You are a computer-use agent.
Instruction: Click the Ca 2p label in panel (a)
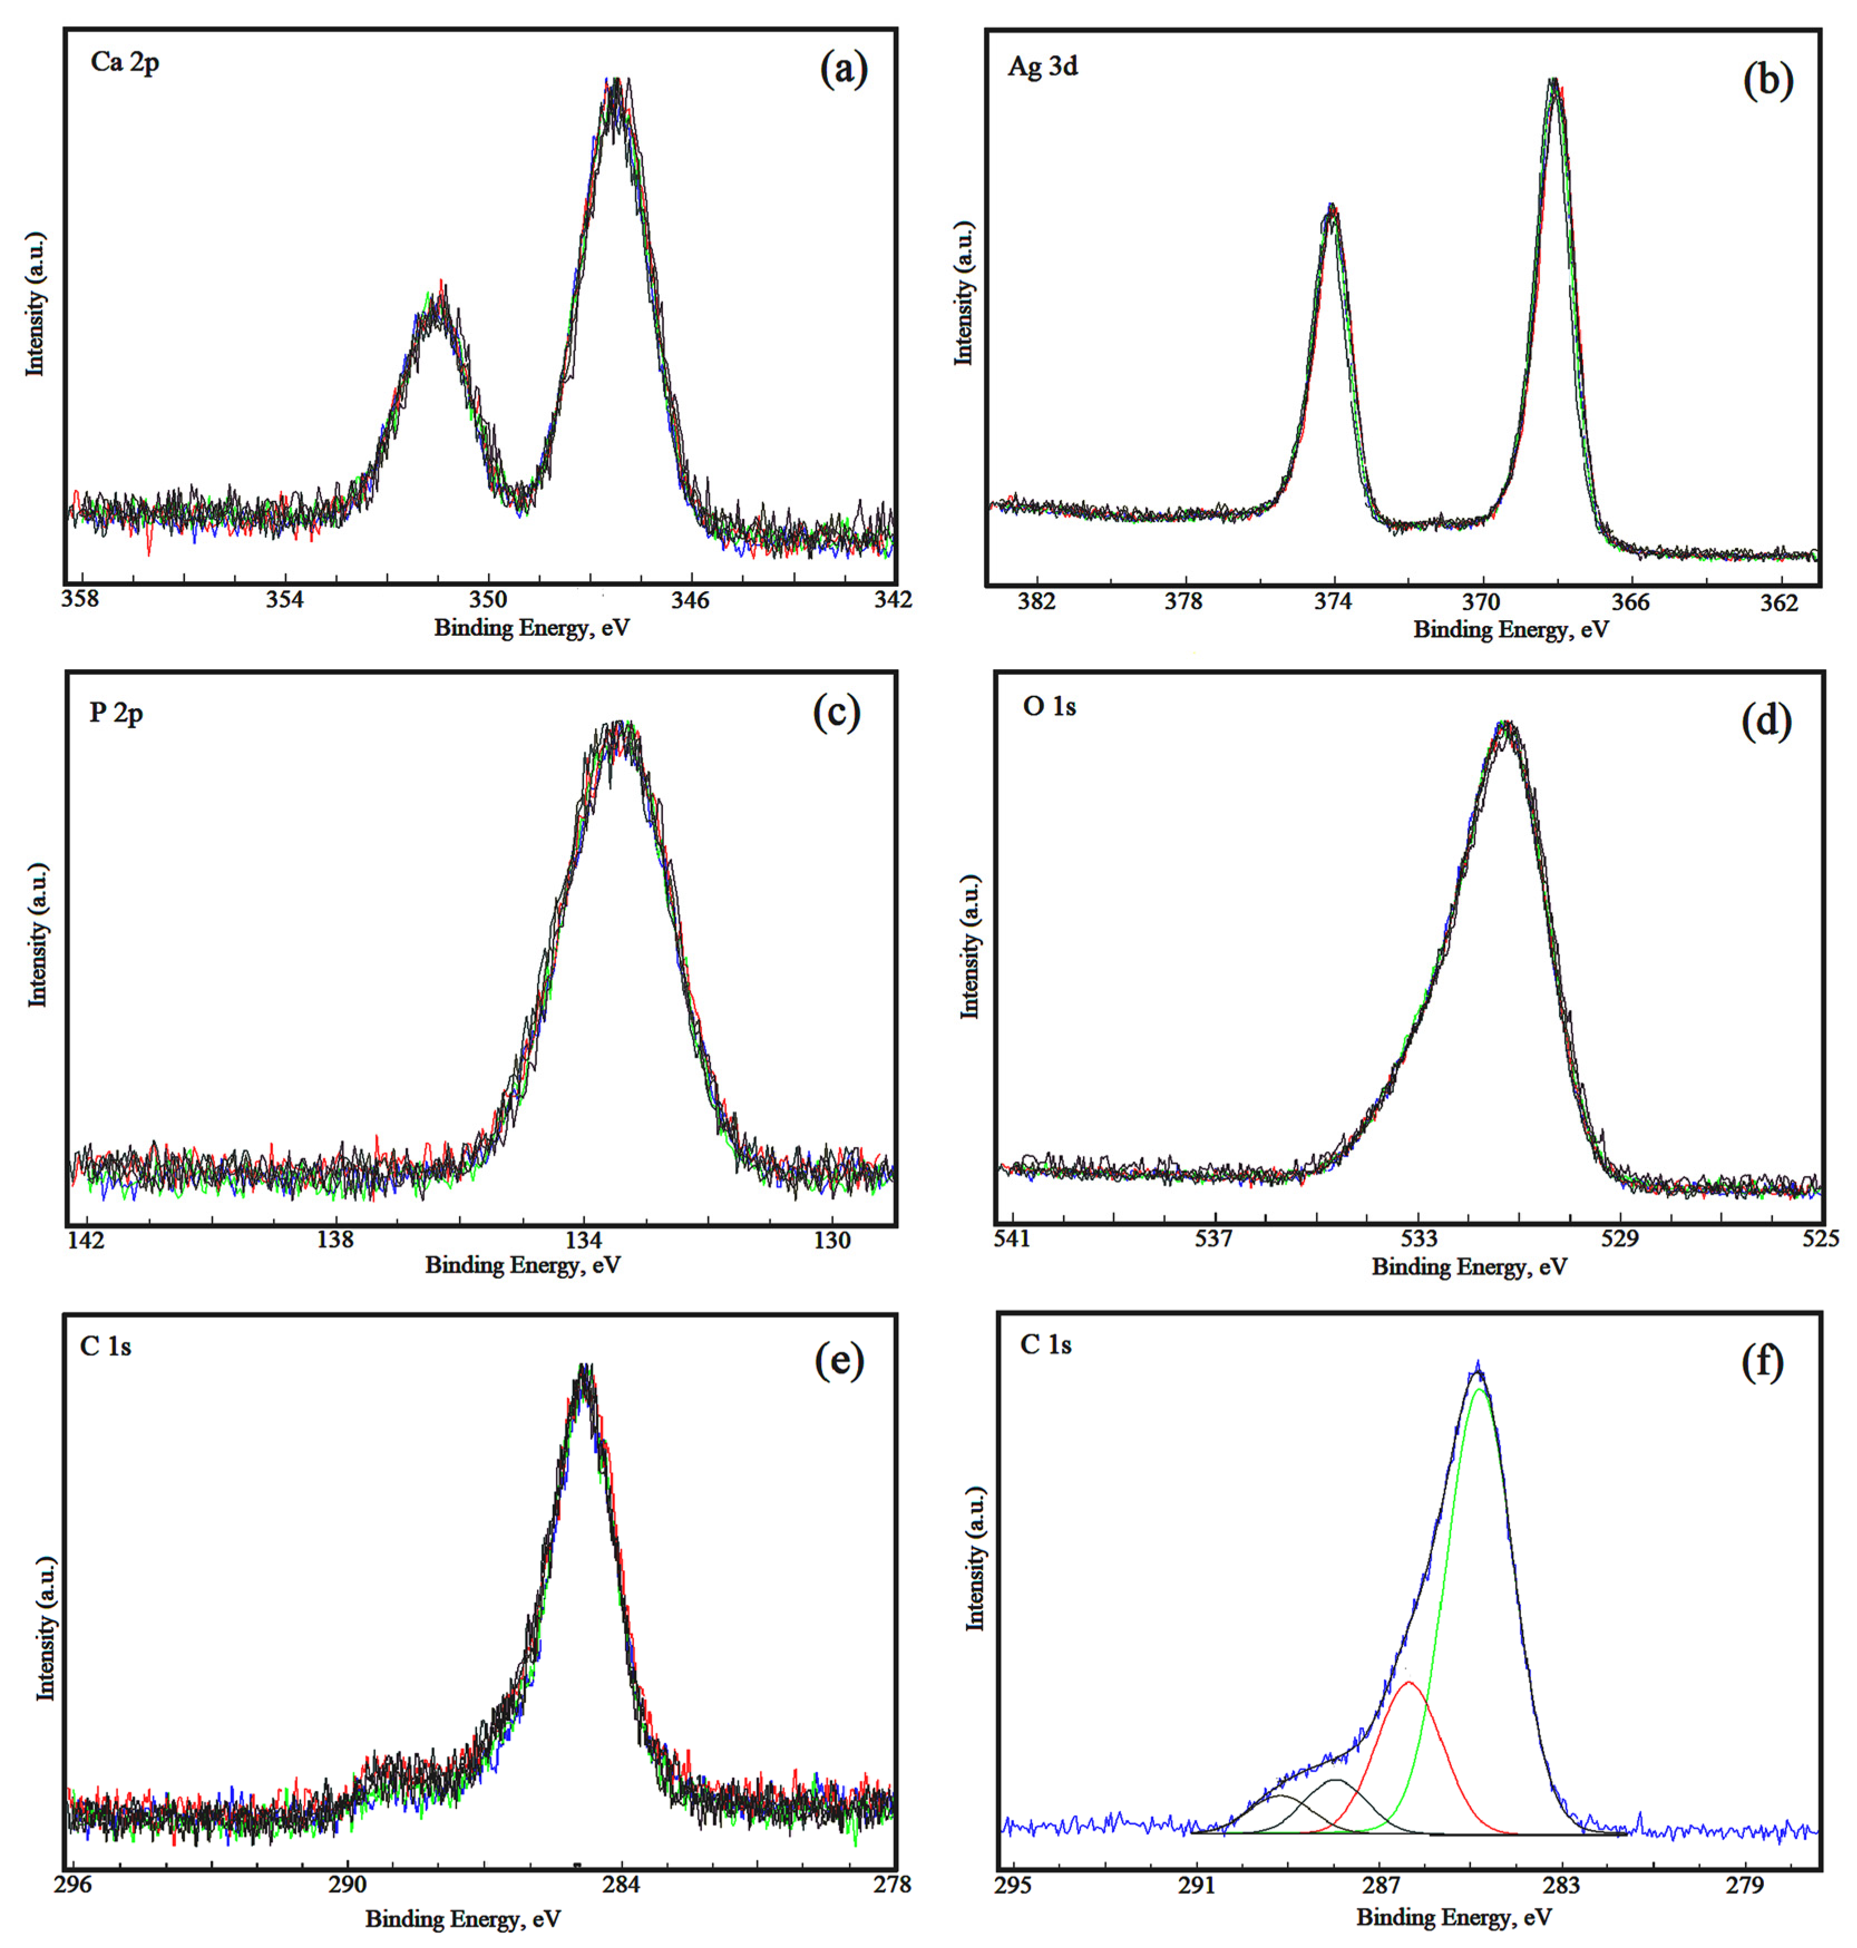coord(125,62)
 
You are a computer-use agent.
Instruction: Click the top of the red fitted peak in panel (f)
coord(1410,1683)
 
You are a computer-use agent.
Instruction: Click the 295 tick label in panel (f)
coord(1013,1884)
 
